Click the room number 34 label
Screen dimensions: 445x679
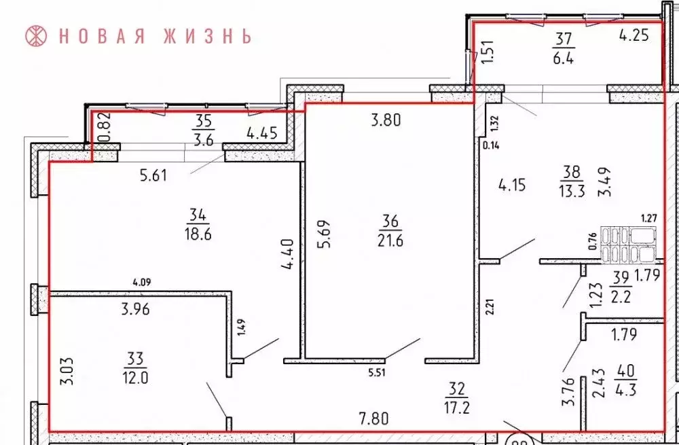coord(200,216)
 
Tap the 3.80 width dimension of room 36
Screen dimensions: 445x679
coord(386,122)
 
